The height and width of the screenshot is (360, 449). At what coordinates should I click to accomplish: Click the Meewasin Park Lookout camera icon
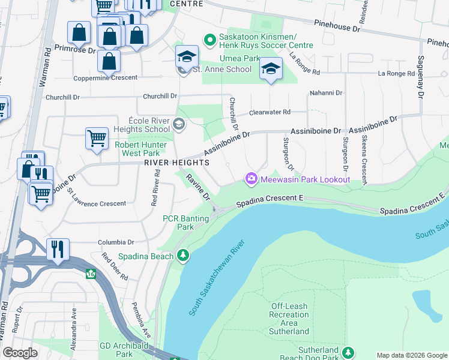pos(250,179)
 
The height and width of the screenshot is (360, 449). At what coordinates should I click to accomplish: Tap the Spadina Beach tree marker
pos(183,256)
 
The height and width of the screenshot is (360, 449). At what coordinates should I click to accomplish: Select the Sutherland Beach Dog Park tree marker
pos(348,353)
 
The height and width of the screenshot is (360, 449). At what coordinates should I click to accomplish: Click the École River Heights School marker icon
pos(178,124)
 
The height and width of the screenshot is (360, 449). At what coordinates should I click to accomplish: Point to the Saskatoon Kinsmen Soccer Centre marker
pos(209,40)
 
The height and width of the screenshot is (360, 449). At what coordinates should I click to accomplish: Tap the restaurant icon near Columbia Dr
pos(58,248)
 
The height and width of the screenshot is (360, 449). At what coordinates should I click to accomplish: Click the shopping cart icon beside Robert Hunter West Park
pos(97,139)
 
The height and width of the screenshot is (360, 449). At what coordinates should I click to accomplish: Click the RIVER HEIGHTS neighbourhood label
pos(176,163)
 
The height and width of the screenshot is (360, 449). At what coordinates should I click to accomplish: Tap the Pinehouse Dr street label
pos(337,25)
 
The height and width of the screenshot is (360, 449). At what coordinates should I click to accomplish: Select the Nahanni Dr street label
pos(325,93)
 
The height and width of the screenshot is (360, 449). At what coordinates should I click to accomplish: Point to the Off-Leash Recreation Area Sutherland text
pos(289,319)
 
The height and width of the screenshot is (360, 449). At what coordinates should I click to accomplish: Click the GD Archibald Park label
pos(124,350)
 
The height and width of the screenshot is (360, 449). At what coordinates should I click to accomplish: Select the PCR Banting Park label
pos(186,223)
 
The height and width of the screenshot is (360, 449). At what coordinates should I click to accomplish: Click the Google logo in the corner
pos(20,353)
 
